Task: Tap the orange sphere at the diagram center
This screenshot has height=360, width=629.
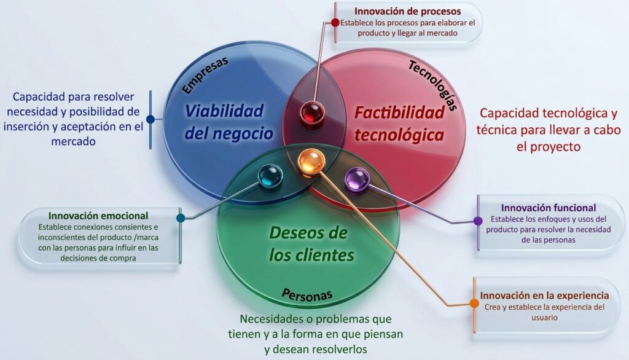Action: [x=311, y=162]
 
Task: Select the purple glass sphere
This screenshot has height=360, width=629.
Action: [x=357, y=180]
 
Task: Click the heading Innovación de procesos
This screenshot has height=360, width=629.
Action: [x=408, y=11]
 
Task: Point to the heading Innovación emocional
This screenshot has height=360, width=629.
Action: [x=98, y=216]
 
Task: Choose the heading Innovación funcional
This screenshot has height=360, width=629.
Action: [x=549, y=208]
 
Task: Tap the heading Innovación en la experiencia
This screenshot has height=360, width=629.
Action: [x=544, y=295]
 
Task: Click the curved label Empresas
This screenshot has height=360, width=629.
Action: [x=205, y=75]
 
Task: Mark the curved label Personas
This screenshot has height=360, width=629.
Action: [x=307, y=295]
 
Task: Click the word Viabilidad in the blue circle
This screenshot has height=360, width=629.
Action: [x=224, y=111]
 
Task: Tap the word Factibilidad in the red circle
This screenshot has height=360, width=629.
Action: [x=399, y=113]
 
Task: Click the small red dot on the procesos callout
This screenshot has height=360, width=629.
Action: [x=335, y=23]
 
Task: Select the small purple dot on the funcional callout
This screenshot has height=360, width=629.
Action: [x=478, y=221]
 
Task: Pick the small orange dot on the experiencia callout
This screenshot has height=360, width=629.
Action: [x=474, y=303]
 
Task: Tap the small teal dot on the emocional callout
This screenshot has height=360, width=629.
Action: [x=181, y=218]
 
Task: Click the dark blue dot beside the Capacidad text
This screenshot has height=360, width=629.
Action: [x=150, y=119]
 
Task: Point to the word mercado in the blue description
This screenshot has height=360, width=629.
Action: [x=73, y=142]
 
